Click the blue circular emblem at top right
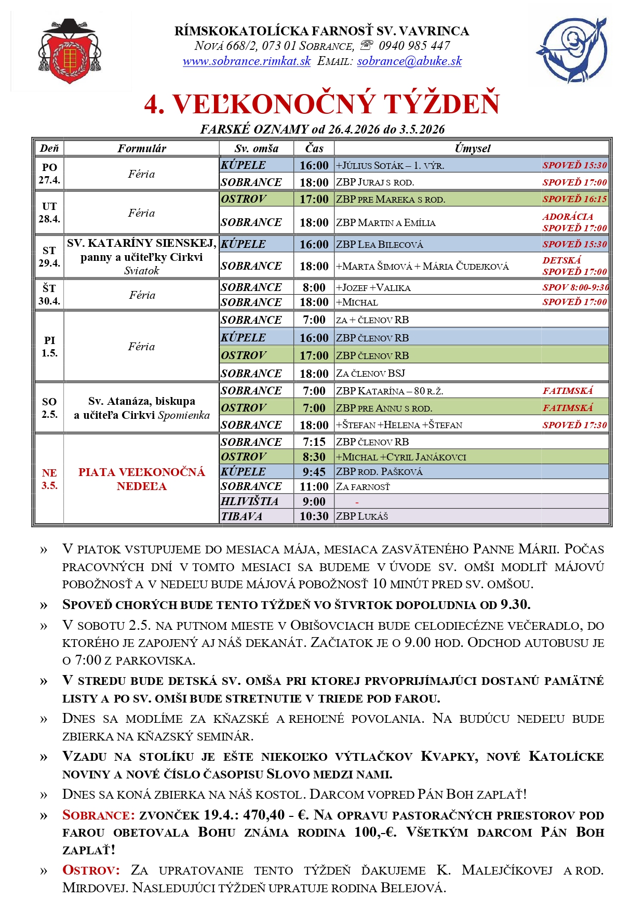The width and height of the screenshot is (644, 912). (x=571, y=50)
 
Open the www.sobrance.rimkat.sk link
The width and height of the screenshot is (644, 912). (x=246, y=61)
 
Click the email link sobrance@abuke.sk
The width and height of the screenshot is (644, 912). (x=409, y=61)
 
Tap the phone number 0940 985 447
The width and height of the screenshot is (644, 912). (x=414, y=46)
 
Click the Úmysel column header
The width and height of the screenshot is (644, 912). (x=472, y=148)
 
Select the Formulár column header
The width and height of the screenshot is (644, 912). (x=141, y=148)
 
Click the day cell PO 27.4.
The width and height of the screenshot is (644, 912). (x=49, y=174)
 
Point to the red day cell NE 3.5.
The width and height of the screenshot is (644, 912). (x=49, y=479)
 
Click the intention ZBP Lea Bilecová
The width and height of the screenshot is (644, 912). (x=379, y=244)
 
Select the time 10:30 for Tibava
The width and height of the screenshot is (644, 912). (x=314, y=517)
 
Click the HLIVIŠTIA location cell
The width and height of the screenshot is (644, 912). (x=249, y=501)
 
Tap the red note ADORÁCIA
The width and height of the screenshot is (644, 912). (x=568, y=217)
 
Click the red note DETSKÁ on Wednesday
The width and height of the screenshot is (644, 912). (x=561, y=260)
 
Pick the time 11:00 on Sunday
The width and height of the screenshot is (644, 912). (x=314, y=486)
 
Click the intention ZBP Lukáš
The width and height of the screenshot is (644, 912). (x=361, y=517)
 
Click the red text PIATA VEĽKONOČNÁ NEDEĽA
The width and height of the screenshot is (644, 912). (x=141, y=479)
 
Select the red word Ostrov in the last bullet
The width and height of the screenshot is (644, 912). (x=91, y=870)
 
